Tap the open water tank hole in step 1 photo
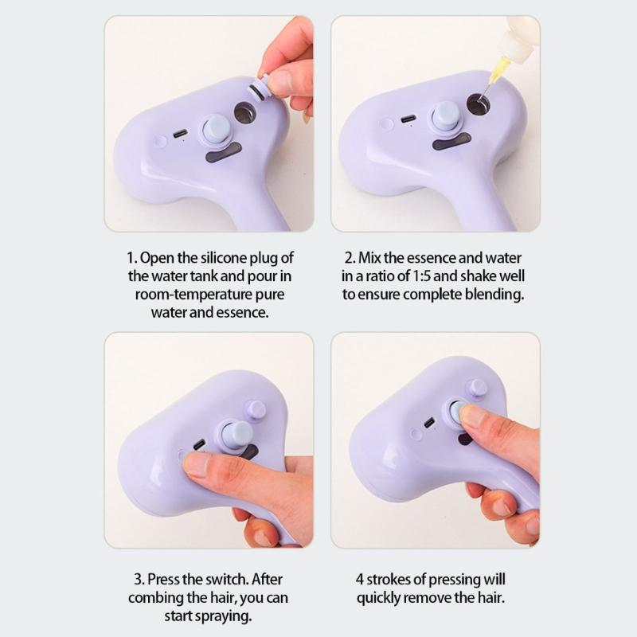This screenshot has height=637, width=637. click(244, 113)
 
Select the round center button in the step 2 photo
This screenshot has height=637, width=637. click(447, 115)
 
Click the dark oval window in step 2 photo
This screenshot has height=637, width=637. click(451, 141)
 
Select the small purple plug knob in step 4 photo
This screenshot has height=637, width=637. click(477, 388)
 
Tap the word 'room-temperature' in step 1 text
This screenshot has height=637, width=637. click(184, 294)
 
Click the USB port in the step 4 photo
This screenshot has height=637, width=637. click(429, 422)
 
